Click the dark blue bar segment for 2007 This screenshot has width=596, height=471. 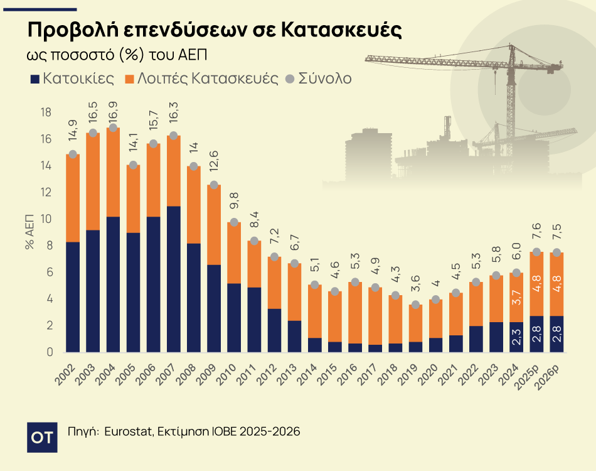(174, 279)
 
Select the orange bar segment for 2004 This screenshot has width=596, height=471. (114, 173)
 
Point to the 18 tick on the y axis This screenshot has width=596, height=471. (45, 112)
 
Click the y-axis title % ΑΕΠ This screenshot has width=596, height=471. (29, 232)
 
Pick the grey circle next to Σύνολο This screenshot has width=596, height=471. (289, 80)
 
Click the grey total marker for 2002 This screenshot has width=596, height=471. (73, 154)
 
